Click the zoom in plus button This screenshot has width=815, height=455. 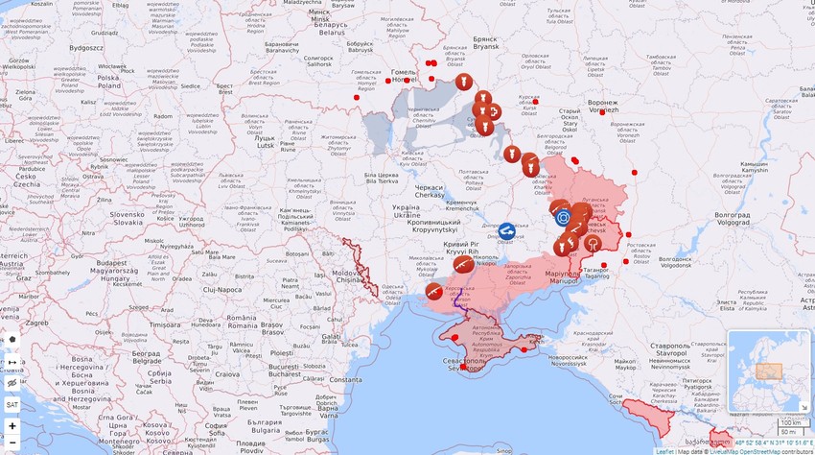point(12,425)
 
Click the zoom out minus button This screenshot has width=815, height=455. point(12,443)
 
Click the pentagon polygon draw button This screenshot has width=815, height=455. point(12,340)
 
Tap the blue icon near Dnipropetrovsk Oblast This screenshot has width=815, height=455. point(506,231)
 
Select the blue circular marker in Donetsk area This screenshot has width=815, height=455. point(563,218)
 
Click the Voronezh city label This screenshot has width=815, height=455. point(602,106)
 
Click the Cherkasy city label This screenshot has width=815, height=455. point(429,190)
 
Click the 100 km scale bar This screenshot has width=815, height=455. point(790,422)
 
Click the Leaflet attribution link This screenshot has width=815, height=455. point(664,450)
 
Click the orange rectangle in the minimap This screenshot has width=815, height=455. point(769,371)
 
